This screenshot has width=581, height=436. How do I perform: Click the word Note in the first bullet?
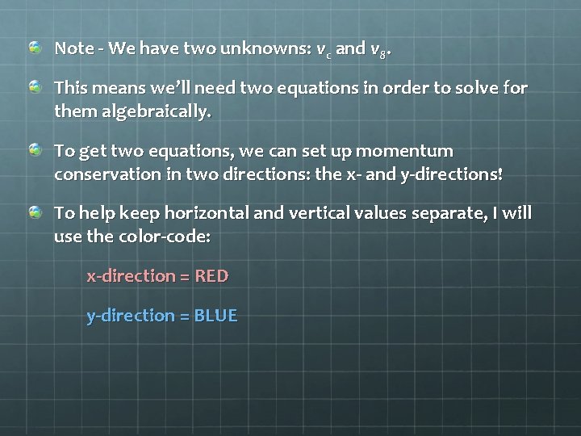coord(73,48)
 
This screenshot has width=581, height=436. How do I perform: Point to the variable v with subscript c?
coord(323,49)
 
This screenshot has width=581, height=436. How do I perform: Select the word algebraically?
coord(157,111)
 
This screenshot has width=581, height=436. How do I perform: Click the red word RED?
coord(212,276)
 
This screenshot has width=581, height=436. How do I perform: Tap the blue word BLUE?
coord(216,316)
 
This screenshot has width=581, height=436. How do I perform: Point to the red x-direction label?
coord(131,276)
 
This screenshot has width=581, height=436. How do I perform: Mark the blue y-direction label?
coord(131,316)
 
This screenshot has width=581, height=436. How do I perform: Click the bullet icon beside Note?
coord(36,48)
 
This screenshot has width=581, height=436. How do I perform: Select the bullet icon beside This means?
coord(36,86)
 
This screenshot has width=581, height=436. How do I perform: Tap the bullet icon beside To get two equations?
coord(36,150)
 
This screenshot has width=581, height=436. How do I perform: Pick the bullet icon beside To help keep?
coord(36,213)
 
